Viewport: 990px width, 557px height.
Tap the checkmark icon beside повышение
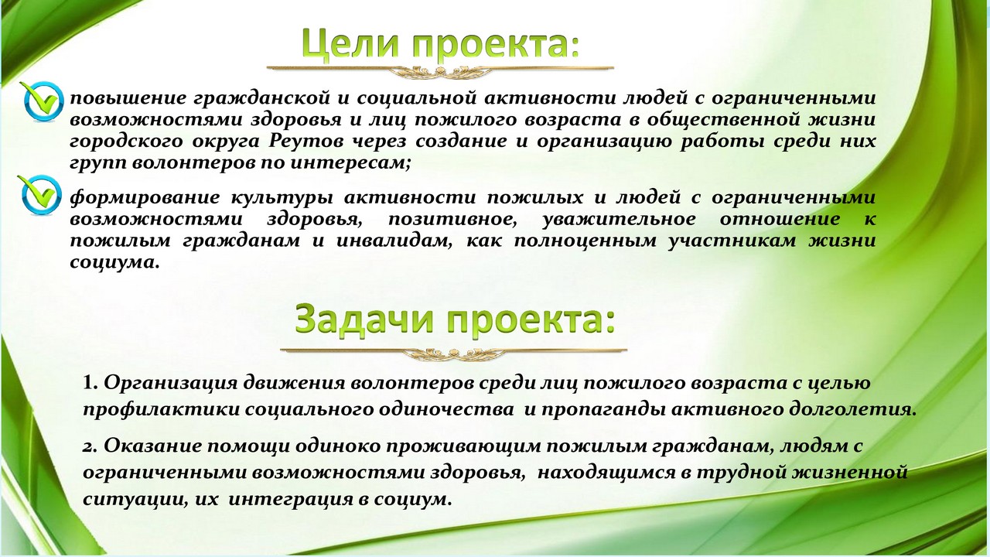(x=42, y=101)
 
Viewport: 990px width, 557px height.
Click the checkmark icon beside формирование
(x=39, y=195)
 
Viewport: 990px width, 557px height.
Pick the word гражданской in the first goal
(x=261, y=98)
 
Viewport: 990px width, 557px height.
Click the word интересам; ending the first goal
(x=351, y=163)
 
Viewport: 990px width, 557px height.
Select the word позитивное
(x=452, y=219)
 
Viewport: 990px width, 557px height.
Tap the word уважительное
(x=619, y=219)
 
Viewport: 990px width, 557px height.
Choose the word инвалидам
(x=394, y=241)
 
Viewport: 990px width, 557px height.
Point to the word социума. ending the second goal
(x=114, y=262)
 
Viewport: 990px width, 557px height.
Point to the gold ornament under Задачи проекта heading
(x=453, y=354)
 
